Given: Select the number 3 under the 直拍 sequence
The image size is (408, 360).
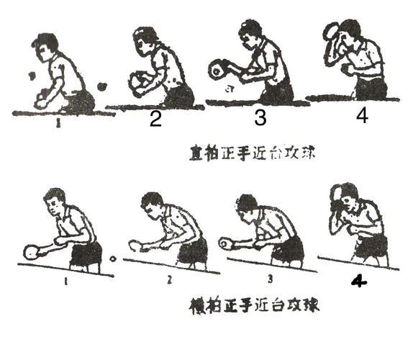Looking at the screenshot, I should point(253,120).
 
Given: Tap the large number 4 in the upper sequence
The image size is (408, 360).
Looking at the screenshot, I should point(362,115).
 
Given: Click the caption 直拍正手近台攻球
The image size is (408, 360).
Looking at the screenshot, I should point(237,153).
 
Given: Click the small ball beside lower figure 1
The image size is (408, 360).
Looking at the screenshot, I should point(112,257).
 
